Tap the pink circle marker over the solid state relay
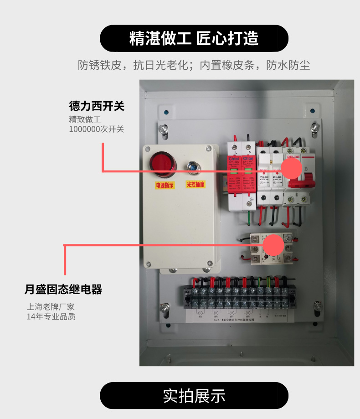click(x=273, y=245)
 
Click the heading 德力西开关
click(x=97, y=107)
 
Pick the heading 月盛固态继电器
click(x=63, y=290)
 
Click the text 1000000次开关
click(x=97, y=129)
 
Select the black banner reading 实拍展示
click(x=194, y=395)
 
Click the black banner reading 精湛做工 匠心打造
click(x=194, y=38)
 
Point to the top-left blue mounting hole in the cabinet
click(x=166, y=112)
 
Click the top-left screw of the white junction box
click(x=148, y=148)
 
